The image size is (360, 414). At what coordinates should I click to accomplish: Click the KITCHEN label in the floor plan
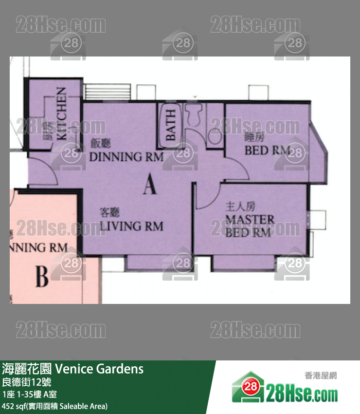tap(61, 113)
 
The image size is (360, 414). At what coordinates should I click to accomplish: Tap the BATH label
tap(171, 126)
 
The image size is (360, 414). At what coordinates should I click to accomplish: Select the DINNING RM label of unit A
tap(126, 157)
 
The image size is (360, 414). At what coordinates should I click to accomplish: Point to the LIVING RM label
tap(131, 226)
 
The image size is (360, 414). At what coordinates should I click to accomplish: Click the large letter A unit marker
tap(150, 185)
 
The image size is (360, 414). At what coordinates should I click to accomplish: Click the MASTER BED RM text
tap(250, 226)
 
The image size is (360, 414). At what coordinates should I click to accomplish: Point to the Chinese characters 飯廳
tap(101, 143)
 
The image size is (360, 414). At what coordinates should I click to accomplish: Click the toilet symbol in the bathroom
tap(195, 115)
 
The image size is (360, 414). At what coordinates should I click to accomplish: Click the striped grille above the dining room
tap(107, 91)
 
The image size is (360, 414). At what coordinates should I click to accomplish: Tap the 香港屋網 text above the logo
tap(320, 376)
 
